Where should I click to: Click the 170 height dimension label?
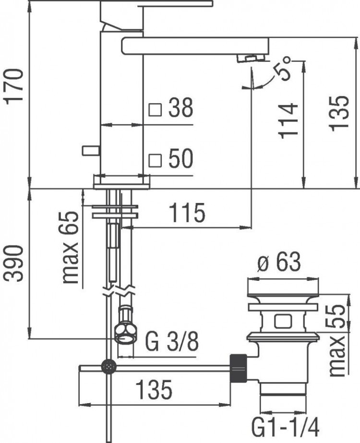pos(14,86)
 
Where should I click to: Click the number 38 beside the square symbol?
pos(180,109)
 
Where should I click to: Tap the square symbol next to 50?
pos(155,159)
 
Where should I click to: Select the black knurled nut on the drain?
pos(238,367)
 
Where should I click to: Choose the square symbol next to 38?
pos(155,110)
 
